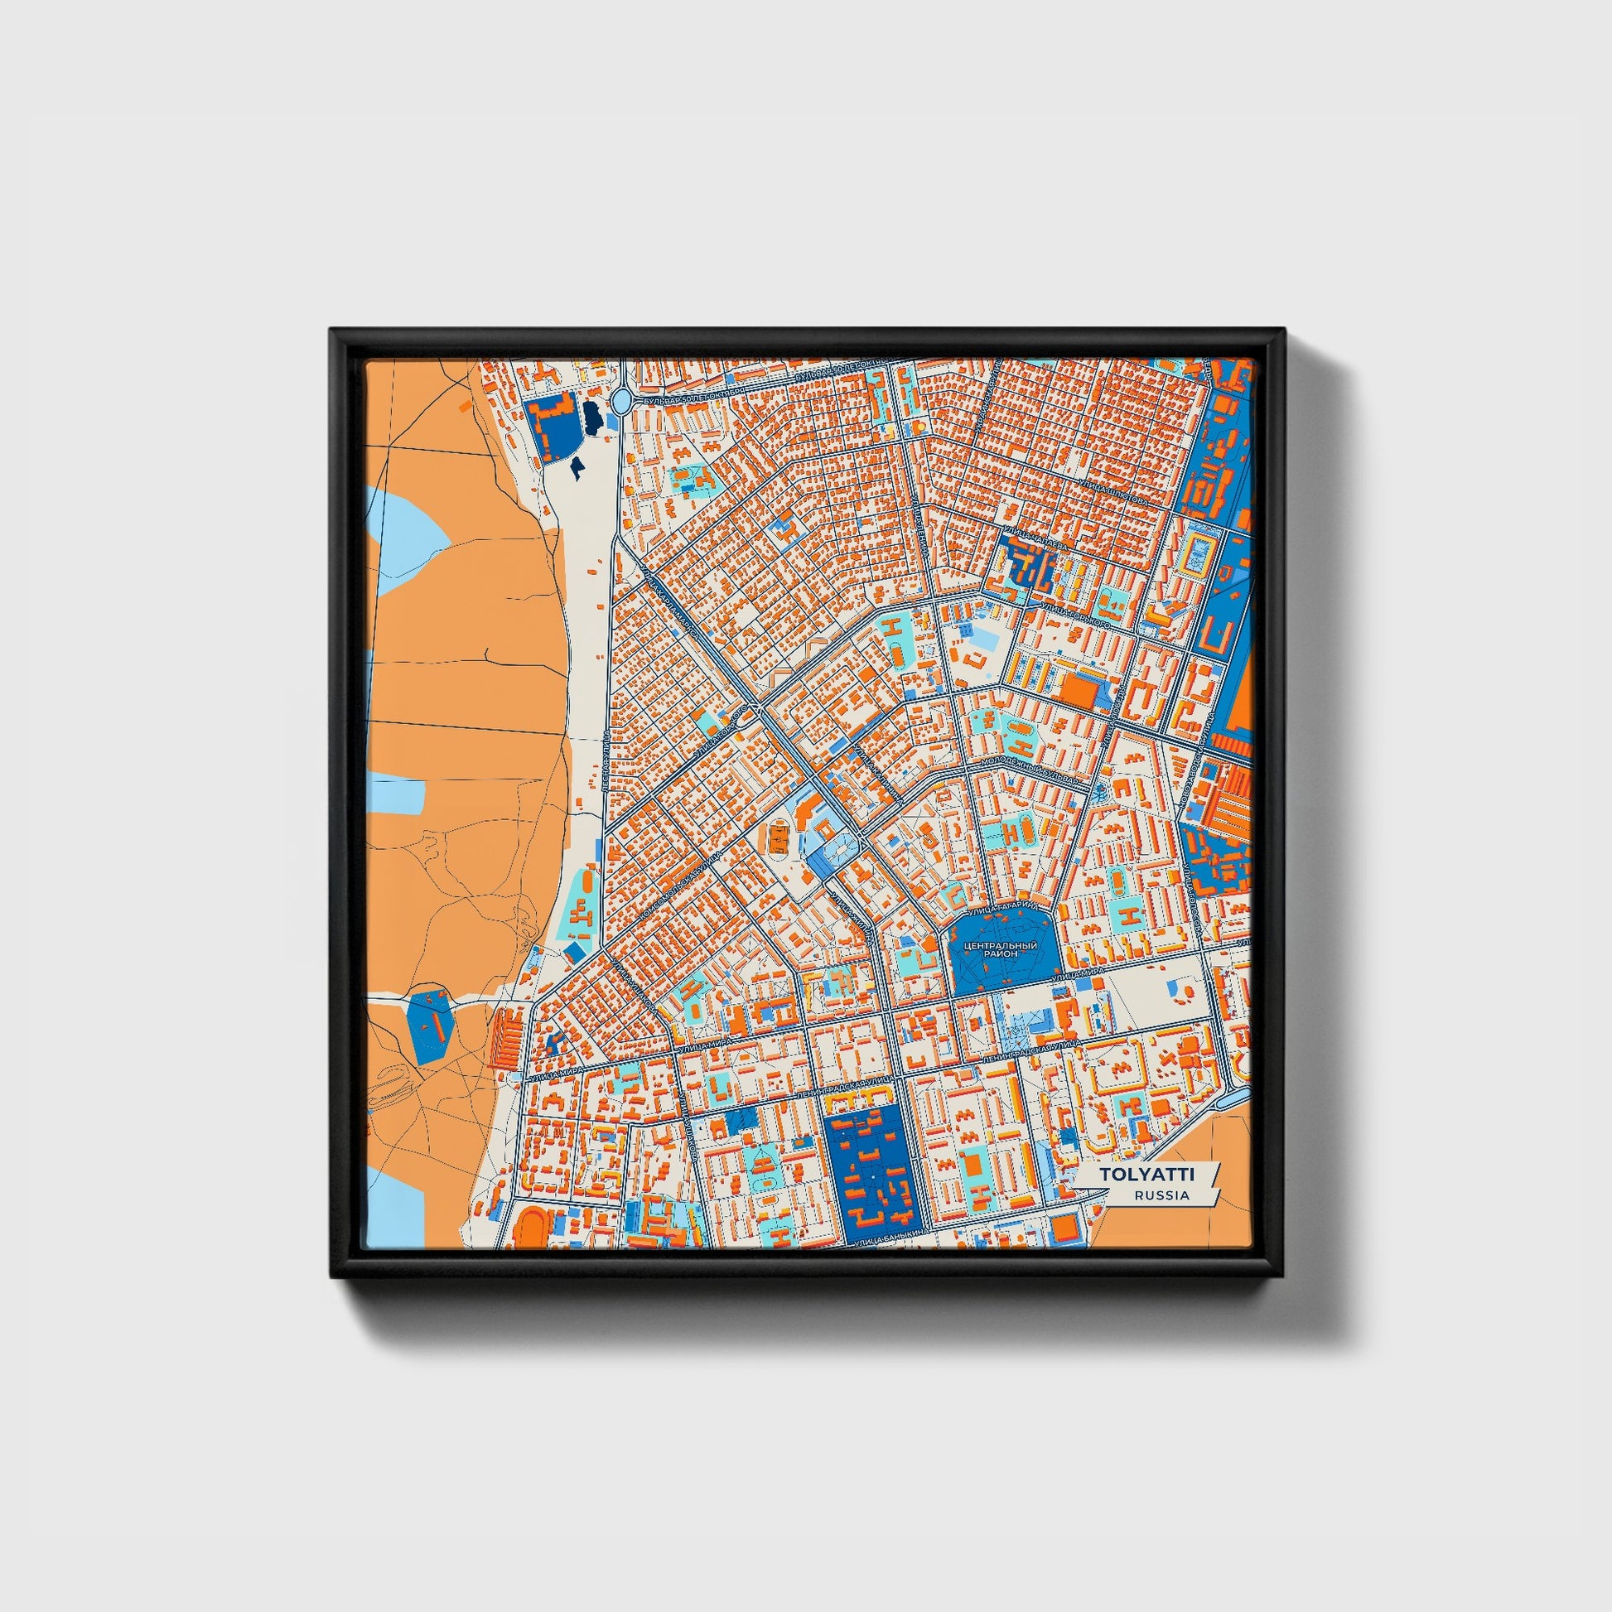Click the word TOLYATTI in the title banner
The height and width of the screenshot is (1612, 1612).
click(x=1146, y=1175)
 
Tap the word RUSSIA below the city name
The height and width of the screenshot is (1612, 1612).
click(x=1161, y=1195)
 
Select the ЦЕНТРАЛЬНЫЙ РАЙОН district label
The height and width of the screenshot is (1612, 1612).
click(x=1001, y=949)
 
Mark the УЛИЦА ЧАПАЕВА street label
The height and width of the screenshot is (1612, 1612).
click(x=1035, y=538)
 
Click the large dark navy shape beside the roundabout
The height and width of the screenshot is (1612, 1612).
click(x=591, y=417)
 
